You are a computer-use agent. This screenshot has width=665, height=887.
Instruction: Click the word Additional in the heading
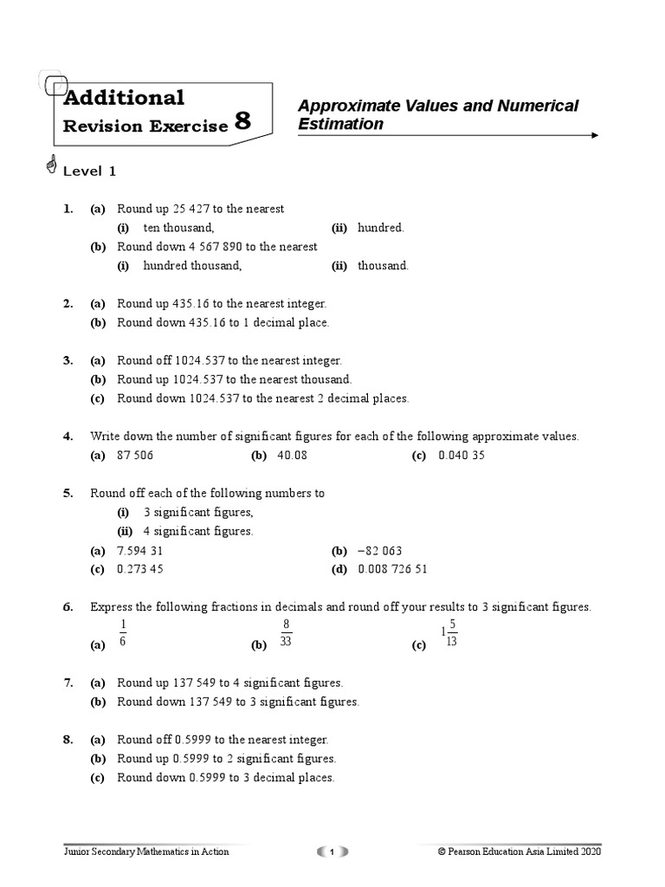[125, 97]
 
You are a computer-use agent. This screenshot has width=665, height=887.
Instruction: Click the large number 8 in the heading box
[242, 121]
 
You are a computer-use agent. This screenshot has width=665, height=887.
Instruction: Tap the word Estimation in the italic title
[340, 124]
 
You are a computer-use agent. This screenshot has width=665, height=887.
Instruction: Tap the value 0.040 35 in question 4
[462, 456]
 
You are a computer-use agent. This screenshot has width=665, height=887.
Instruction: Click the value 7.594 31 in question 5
[140, 551]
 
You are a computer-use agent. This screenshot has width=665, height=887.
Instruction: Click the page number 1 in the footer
[332, 852]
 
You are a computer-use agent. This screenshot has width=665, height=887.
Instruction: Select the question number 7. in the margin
[68, 683]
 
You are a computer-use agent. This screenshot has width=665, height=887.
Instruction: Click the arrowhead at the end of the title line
[593, 136]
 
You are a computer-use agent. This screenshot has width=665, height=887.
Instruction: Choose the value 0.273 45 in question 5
[140, 570]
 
